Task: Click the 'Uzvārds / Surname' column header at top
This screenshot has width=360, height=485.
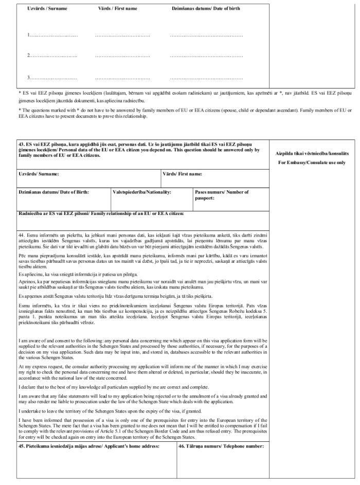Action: click(x=47, y=9)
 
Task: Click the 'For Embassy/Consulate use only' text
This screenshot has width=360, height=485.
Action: click(x=311, y=163)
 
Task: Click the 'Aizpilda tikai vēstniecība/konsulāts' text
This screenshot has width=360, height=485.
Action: click(x=311, y=153)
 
